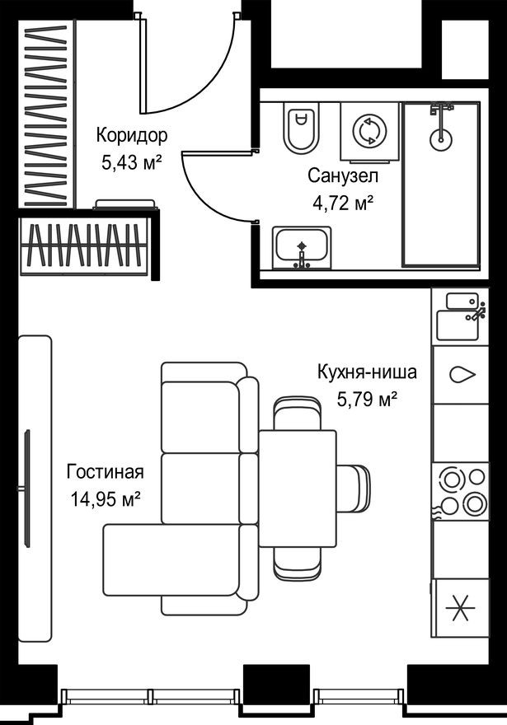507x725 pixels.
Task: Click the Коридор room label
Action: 131,134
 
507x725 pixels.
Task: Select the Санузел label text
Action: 343,175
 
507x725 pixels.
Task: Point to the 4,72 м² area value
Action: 343,202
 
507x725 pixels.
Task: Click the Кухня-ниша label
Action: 367,372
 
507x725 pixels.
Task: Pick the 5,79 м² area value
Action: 367,400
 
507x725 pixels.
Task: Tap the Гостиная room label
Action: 105,472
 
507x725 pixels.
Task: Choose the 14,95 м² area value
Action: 105,499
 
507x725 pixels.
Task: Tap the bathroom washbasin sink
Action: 302,248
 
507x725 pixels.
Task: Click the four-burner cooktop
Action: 460,492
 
